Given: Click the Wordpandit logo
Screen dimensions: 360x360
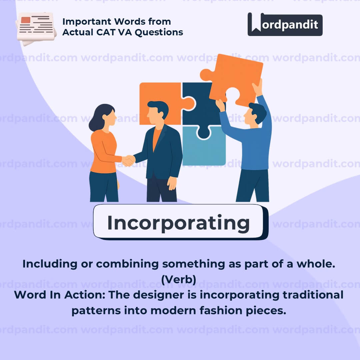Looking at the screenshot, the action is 285,24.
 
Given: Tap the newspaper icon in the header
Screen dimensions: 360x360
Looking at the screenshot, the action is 36,28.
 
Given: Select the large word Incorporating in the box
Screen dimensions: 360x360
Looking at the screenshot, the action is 178,223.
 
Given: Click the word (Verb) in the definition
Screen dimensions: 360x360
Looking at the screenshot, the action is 179,280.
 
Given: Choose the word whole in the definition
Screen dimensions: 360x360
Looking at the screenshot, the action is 316,264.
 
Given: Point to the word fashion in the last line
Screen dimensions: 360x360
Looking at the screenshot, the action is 221,311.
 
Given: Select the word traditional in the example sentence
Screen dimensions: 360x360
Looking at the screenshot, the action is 313,295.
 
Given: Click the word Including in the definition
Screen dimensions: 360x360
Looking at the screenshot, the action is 50,264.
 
